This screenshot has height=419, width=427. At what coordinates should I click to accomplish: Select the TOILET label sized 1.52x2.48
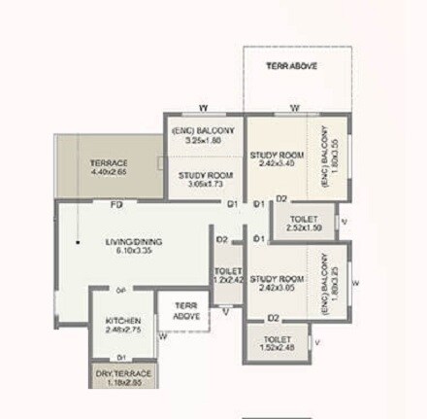[279, 343]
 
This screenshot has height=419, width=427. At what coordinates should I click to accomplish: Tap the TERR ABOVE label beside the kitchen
[185, 311]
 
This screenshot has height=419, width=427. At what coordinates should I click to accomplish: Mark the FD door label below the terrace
[115, 205]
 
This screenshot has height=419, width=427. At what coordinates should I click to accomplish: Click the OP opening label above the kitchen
[120, 291]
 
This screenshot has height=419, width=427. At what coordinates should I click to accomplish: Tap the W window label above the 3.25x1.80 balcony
[203, 107]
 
